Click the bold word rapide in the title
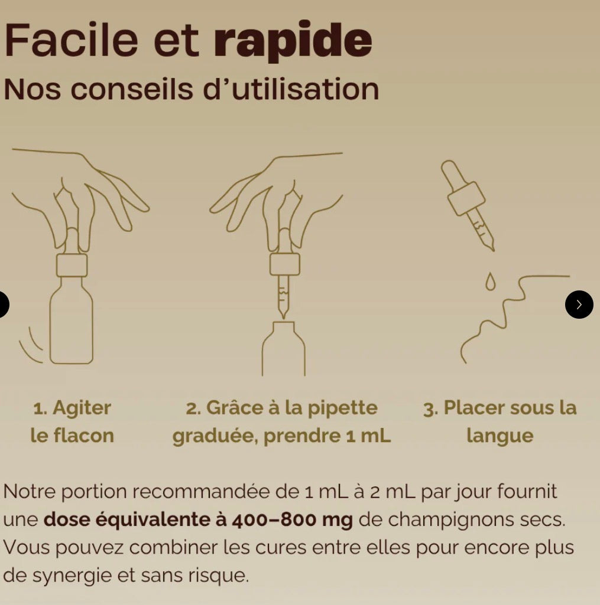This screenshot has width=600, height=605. [293, 41]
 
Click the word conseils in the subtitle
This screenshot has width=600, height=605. [132, 89]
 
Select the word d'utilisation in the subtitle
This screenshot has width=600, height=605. [291, 89]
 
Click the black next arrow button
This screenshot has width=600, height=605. [579, 305]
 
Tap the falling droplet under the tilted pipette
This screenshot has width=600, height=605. [490, 282]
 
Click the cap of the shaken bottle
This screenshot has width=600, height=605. [72, 265]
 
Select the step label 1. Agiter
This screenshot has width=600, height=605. [72, 408]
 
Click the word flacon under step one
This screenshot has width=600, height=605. [83, 436]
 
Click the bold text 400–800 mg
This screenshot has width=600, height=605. [293, 520]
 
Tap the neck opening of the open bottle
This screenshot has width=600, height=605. [283, 322]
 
